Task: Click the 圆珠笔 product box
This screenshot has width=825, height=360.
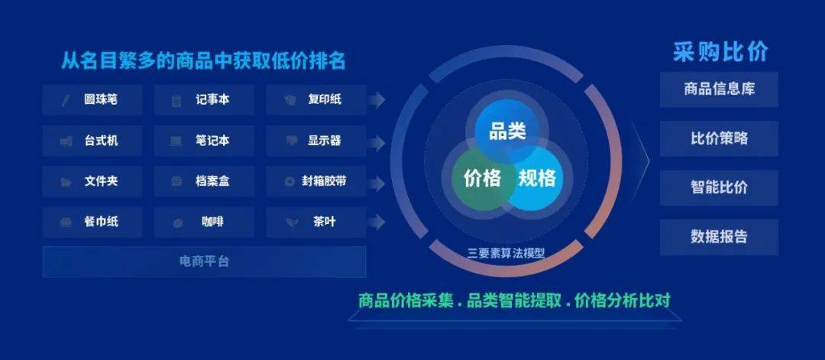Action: pos(92,99)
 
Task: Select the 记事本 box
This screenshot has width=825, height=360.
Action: pos(204,99)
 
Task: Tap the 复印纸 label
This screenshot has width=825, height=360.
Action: pos(325,99)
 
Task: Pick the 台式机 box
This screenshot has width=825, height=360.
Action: pos(92,141)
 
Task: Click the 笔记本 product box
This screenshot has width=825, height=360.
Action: pos(204,141)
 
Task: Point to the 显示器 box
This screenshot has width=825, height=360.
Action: pos(315,141)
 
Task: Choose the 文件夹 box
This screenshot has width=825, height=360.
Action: pos(92,182)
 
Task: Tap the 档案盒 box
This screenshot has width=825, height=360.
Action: pos(204,182)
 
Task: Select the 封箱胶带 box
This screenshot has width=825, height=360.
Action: pos(315,182)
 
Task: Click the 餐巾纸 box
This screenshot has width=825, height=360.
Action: pos(92,222)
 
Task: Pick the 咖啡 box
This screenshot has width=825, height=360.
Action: pos(204,222)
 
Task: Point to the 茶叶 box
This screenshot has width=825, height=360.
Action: pos(315,222)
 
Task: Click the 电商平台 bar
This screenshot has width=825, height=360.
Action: pos(204,261)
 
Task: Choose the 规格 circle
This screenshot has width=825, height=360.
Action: pos(537,178)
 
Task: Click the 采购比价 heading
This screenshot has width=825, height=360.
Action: pos(720,51)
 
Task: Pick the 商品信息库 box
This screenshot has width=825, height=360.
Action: pos(720,89)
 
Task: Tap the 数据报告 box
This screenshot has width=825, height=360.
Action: pos(720,237)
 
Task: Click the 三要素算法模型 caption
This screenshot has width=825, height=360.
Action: pos(506,254)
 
